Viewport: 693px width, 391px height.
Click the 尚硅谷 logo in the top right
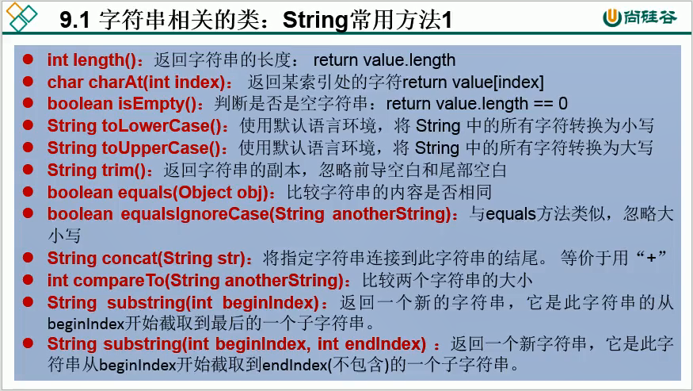tap(639, 17)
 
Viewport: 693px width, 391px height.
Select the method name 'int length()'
tap(92, 60)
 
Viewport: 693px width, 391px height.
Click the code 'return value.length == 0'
tap(477, 104)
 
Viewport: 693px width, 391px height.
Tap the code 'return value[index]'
tap(474, 82)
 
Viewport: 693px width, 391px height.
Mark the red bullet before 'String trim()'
tap(29, 170)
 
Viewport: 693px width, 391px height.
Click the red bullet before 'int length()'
tap(29, 60)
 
